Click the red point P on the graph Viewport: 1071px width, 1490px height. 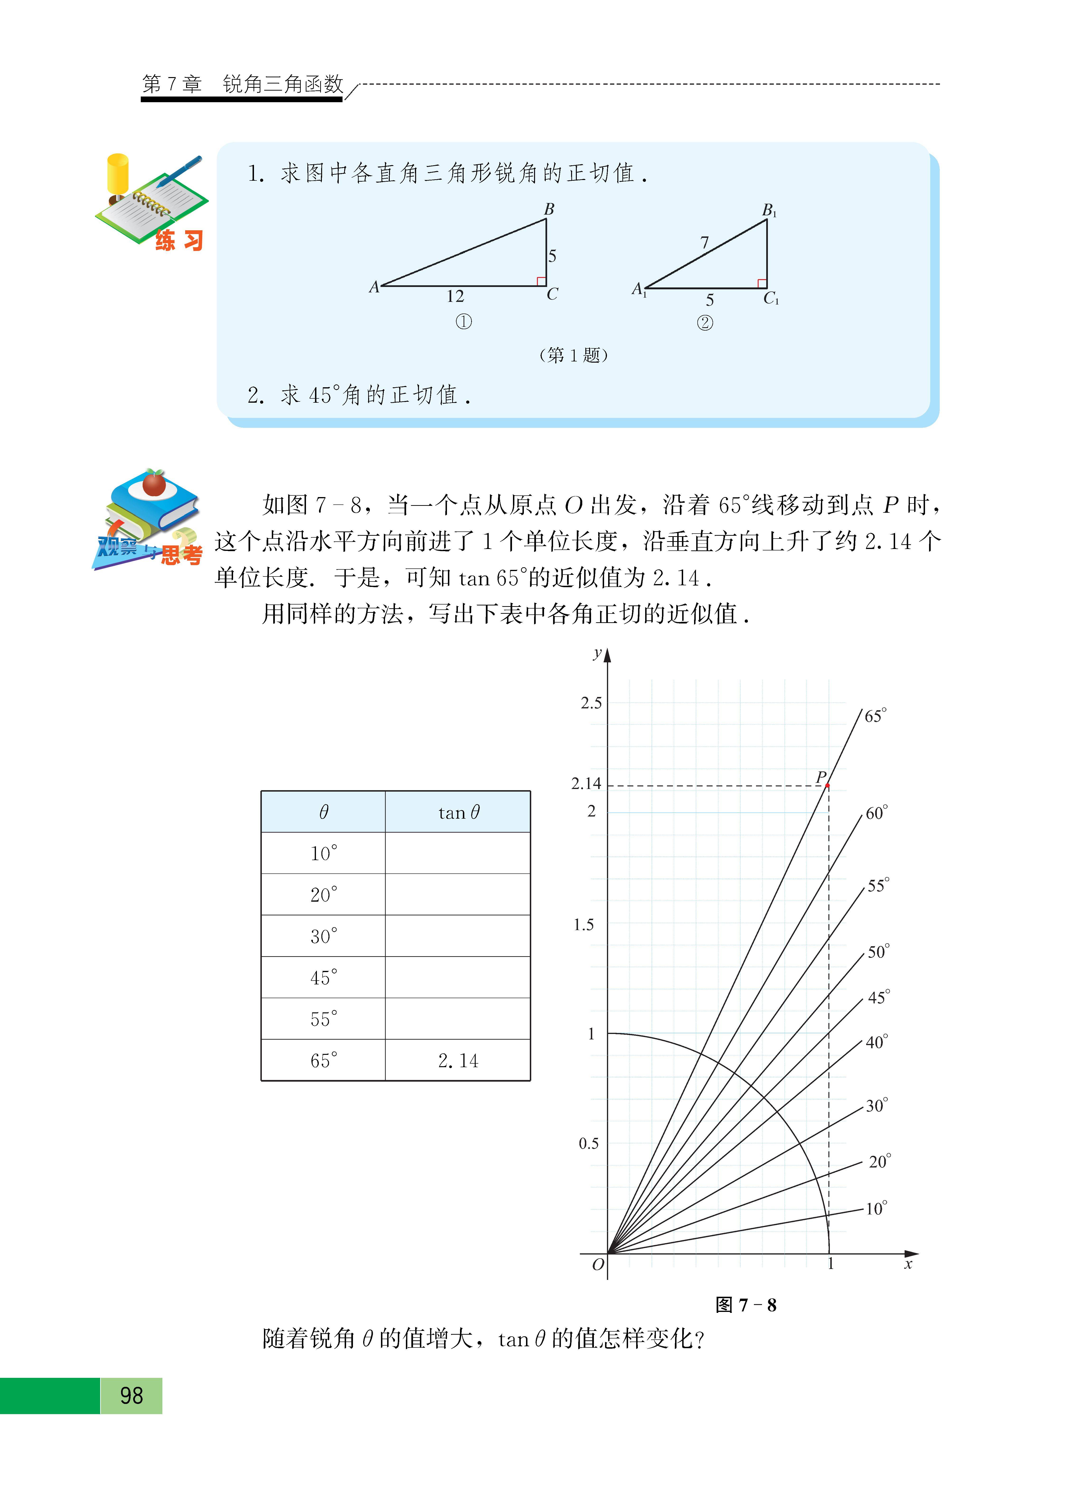(x=827, y=785)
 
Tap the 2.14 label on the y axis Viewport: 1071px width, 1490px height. (x=586, y=783)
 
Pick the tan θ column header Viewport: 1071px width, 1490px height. (x=458, y=813)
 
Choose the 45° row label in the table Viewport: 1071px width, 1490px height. (x=324, y=978)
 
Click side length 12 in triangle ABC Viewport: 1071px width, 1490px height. (x=455, y=296)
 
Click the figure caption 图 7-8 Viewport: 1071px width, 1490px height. (x=746, y=1305)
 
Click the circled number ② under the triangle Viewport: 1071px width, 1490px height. (x=705, y=323)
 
